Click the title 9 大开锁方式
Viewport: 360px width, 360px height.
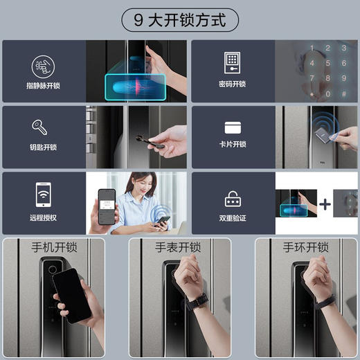click(179, 19)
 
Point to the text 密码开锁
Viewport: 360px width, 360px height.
click(232, 84)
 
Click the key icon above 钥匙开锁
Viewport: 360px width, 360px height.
click(39, 128)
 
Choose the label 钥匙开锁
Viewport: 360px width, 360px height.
click(44, 147)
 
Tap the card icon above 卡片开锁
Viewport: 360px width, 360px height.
click(232, 128)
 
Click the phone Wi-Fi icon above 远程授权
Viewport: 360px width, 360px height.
click(44, 194)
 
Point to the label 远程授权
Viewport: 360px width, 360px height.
click(44, 217)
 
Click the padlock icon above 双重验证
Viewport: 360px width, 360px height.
click(232, 199)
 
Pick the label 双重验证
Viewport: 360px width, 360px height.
click(232, 217)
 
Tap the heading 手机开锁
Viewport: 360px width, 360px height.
click(54, 247)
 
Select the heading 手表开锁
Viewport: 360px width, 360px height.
click(178, 247)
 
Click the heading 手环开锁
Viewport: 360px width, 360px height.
click(305, 247)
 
